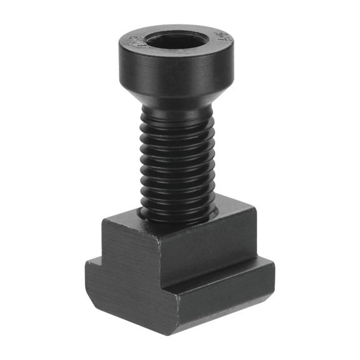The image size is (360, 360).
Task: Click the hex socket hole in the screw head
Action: pyautogui.click(x=177, y=42)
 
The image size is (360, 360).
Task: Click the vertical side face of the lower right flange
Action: pyautogui.click(x=225, y=303)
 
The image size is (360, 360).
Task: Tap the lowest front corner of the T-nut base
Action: pyautogui.click(x=178, y=330)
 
